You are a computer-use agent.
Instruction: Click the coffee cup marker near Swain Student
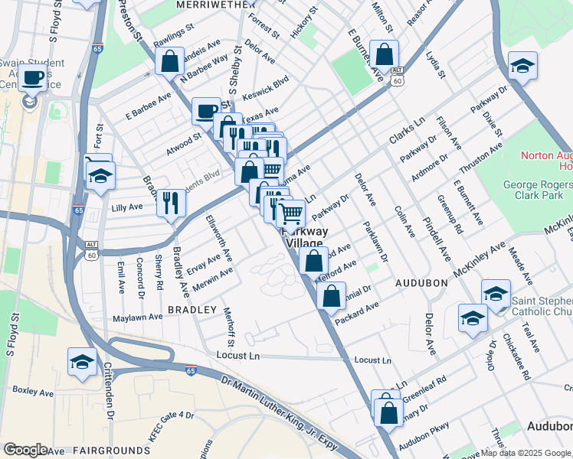pos(32,78)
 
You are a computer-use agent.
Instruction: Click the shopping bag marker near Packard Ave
pos(331,296)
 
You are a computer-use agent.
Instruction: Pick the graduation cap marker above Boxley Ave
pos(82,363)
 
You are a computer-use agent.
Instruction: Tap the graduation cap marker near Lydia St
pos(522,66)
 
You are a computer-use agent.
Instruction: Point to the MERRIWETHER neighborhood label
pos(214,5)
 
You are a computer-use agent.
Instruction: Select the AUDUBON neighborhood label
pos(421,282)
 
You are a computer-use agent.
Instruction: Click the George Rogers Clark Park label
pos(537,191)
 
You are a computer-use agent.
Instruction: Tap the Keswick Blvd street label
pos(265,90)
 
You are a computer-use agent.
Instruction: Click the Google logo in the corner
pos(25,450)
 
